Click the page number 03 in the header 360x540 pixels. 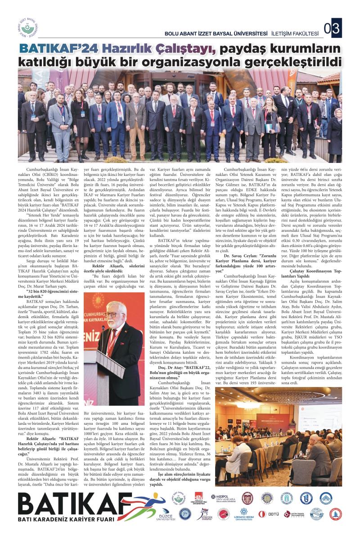tap(335, 30)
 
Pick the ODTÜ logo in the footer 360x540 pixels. tap(274, 513)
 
